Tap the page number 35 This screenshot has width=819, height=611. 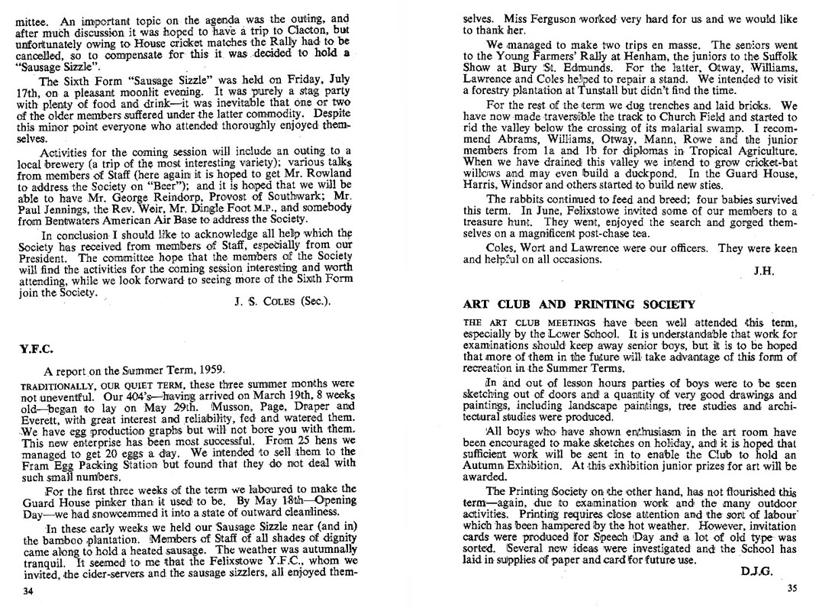click(x=791, y=587)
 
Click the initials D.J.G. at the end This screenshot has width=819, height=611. click(x=756, y=569)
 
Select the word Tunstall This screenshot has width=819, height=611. click(x=616, y=88)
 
